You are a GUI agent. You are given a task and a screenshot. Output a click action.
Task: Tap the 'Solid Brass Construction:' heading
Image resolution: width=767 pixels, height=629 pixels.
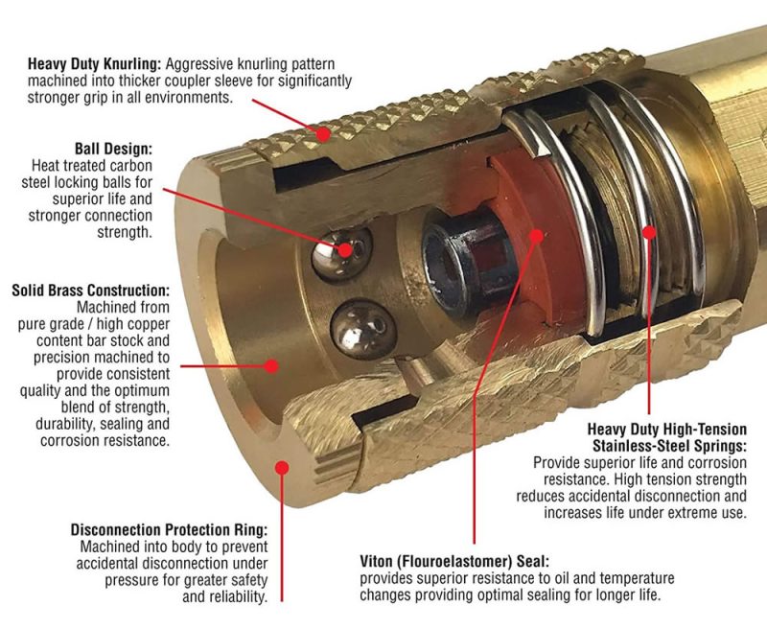click(x=91, y=289)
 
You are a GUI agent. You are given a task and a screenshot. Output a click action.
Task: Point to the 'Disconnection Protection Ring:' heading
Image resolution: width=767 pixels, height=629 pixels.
click(x=169, y=529)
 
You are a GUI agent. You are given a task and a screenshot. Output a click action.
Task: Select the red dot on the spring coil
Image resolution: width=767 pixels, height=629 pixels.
click(x=649, y=231)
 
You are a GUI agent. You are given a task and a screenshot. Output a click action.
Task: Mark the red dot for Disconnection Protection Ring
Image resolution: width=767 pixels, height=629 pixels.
click(x=281, y=467)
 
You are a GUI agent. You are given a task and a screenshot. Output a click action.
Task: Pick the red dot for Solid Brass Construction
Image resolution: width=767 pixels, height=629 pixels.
click(x=271, y=365)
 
